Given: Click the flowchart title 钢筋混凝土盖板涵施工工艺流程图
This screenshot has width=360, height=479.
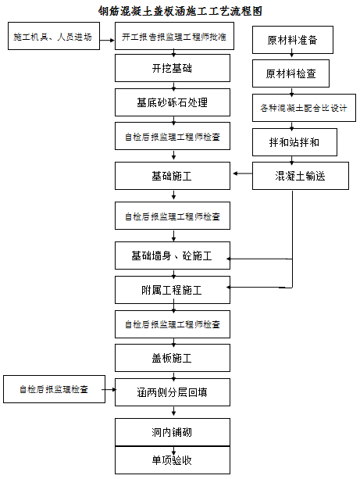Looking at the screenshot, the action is [x=180, y=11].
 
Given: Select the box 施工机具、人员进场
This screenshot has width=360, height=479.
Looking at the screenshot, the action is [x=54, y=36].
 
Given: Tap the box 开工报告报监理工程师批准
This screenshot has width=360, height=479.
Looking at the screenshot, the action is [x=174, y=36].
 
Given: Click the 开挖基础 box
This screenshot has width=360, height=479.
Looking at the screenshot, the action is [x=173, y=68].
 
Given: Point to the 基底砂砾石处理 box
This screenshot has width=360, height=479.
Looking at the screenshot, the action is [x=173, y=102].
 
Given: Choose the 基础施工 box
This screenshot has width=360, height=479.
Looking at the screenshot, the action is [x=173, y=176].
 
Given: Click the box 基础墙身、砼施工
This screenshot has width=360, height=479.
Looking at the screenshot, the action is [x=173, y=256].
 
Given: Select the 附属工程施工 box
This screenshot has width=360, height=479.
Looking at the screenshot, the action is [x=173, y=290].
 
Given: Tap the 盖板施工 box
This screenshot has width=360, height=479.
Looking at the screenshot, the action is [x=173, y=358].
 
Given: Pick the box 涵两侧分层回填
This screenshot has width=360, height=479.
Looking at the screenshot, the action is [x=173, y=392].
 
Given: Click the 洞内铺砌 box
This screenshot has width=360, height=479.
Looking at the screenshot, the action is [x=173, y=432].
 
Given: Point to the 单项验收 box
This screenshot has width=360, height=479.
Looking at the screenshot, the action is [x=173, y=460].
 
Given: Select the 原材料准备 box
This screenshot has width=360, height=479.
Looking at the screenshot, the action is [x=293, y=40].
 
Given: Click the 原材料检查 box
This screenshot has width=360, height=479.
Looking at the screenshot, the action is [x=290, y=73].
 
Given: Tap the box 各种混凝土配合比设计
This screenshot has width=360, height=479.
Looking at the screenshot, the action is [x=304, y=108].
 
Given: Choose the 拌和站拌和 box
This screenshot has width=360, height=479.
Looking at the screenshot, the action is [x=294, y=142].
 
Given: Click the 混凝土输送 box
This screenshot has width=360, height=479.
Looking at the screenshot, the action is [x=301, y=176].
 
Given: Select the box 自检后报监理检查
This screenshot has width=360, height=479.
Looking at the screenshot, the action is [x=55, y=389].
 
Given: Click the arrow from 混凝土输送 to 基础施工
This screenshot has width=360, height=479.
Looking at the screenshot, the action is [x=243, y=173].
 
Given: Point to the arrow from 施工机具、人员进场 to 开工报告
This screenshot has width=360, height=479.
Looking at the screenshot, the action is [x=107, y=41].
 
